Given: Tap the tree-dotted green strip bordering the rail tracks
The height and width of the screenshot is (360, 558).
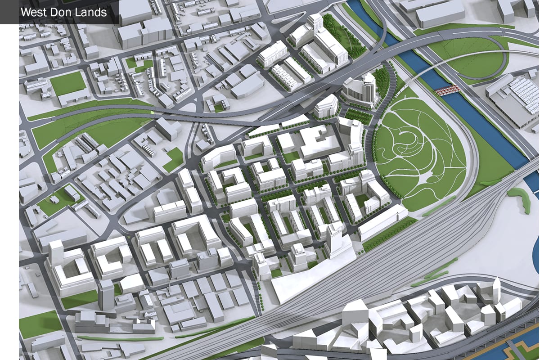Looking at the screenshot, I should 390,234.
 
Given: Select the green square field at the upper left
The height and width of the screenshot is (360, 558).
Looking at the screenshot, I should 67,83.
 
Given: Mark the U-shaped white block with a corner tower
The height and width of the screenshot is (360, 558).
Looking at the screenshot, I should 67,270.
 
